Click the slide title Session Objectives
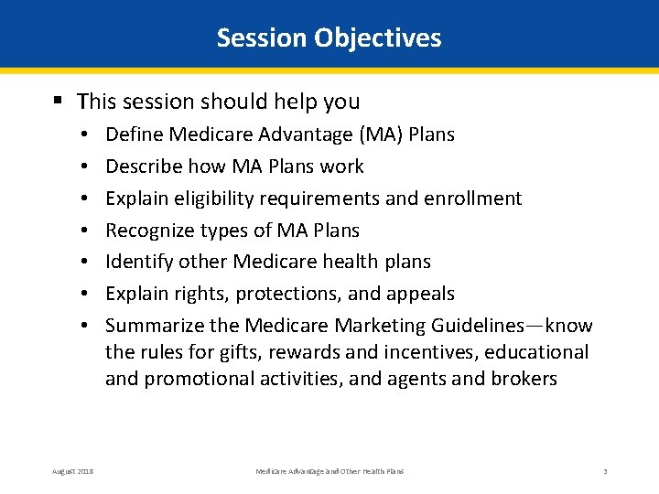(x=329, y=38)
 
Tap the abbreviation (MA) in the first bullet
(x=381, y=134)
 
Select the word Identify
(x=137, y=262)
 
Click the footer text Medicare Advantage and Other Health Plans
(x=329, y=471)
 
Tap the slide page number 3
(x=605, y=471)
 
